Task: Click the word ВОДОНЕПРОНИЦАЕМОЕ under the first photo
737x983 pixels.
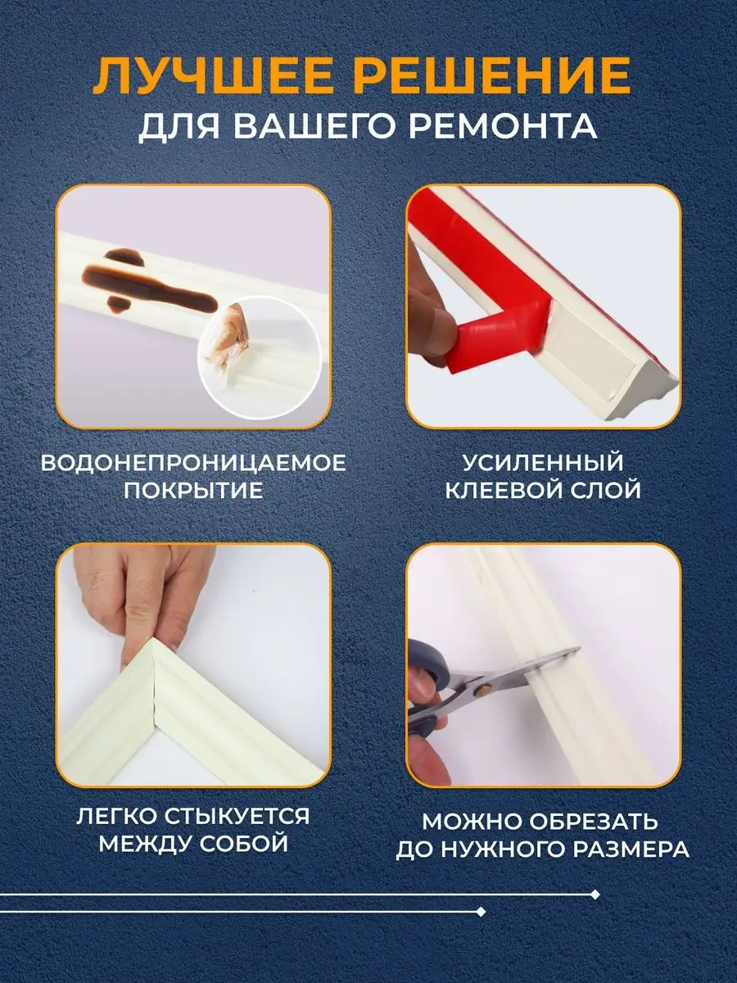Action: click(193, 463)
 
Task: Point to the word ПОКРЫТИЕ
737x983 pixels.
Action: click(193, 491)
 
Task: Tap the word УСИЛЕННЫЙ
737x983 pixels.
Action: click(542, 463)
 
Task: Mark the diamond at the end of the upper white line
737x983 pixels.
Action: click(596, 895)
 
